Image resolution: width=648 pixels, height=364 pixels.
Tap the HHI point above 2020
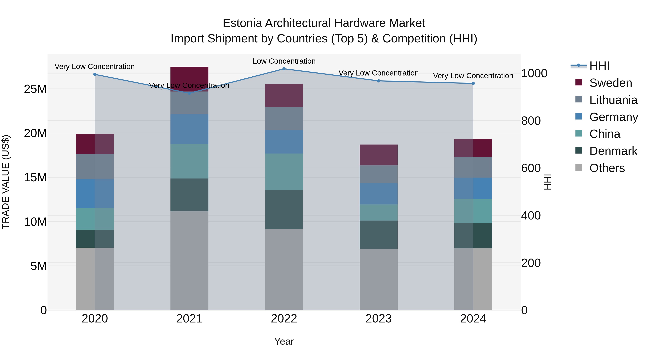pos(95,74)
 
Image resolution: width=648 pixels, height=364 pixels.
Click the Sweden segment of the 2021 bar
pos(189,75)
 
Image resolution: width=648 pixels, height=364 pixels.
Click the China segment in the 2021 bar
pos(189,161)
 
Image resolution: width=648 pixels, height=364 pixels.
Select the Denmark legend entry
pos(613,151)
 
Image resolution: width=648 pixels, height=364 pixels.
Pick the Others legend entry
pos(607,168)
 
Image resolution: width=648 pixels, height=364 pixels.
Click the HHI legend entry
pos(599,66)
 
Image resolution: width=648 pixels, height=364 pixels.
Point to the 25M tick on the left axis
pos(35,89)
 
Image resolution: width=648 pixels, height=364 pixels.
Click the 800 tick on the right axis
pos(531,121)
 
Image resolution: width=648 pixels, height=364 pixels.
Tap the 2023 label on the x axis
pos(378,319)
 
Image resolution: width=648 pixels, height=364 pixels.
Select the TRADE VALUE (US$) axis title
pos(6,182)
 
